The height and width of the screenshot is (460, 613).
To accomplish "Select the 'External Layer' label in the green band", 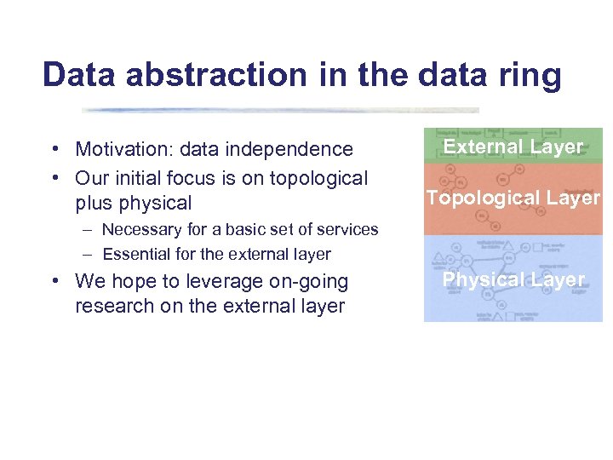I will click(513, 147).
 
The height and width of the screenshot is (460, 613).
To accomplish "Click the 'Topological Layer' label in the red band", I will click(513, 198).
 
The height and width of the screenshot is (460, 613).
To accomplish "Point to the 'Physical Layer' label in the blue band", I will click(513, 279).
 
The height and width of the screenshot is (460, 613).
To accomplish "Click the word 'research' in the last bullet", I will click(111, 306).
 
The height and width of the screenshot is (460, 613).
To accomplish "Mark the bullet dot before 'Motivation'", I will click(54, 150).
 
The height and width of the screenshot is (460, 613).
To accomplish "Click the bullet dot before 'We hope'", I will click(54, 281).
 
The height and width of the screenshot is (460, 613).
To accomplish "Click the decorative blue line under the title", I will click(281, 110).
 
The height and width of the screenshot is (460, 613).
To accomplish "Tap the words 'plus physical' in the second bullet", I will click(133, 204).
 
